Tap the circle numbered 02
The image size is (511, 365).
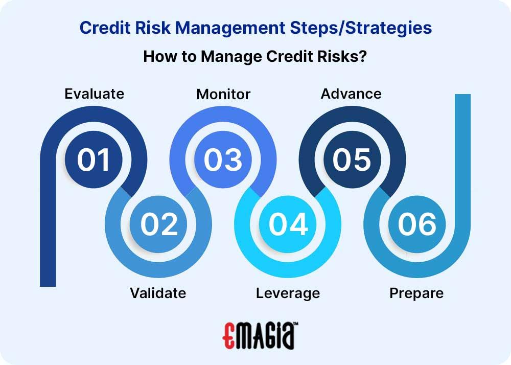tap(159, 224)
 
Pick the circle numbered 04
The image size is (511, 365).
tap(288, 224)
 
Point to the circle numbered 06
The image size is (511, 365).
tap(417, 224)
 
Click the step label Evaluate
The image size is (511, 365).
tap(94, 94)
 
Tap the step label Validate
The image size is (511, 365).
tap(158, 293)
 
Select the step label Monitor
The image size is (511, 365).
tap(223, 94)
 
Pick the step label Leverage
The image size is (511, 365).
tap(288, 293)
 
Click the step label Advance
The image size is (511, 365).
tap(351, 94)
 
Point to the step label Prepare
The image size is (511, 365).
tap(416, 293)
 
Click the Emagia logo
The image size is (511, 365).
tap(261, 336)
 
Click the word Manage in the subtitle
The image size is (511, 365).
tap(223, 56)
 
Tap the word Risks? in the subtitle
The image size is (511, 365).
tap(341, 56)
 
